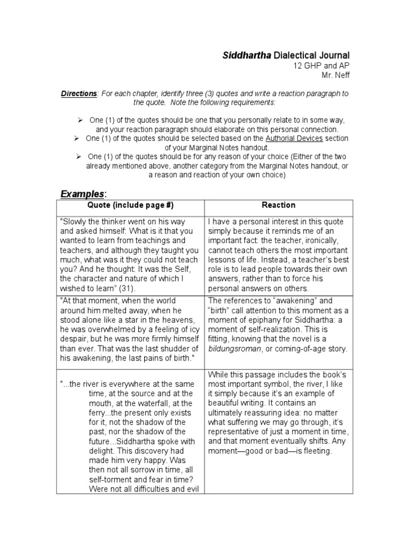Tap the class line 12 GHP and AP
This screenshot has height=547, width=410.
pyautogui.click(x=320, y=65)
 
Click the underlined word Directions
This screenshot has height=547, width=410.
pyautogui.click(x=79, y=93)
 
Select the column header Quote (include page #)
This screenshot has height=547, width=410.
pyautogui.click(x=130, y=206)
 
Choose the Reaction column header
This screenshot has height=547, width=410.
pyautogui.click(x=278, y=206)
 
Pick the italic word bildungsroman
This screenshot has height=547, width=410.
pyautogui.click(x=236, y=349)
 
